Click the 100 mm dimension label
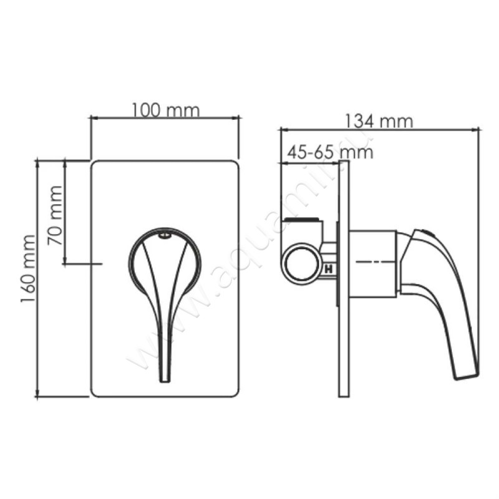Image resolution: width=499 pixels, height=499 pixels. tap(165, 110)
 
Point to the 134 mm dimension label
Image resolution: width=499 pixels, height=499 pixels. tap(379, 120)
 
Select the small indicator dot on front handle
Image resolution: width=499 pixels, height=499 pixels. tap(164, 235)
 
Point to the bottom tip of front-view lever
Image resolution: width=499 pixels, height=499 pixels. tap(165, 379)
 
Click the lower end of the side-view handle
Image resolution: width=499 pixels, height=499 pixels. tap(465, 373)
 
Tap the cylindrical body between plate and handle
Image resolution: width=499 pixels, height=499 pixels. tap(371, 263)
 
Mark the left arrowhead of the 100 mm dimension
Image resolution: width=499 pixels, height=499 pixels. tap(94, 117)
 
